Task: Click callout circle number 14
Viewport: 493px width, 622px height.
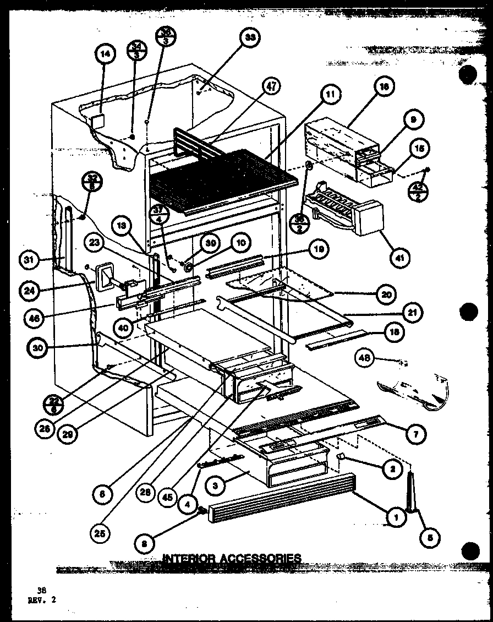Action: click(105, 54)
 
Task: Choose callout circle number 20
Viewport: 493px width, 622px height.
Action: click(387, 294)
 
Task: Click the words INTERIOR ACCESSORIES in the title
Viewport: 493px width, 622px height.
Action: click(232, 558)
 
